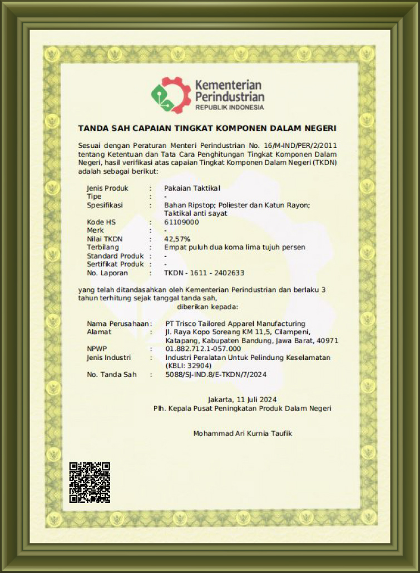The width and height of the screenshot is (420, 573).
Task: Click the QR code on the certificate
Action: [90, 482]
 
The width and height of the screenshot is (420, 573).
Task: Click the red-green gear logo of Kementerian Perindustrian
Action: [171, 95]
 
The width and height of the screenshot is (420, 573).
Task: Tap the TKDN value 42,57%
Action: [177, 239]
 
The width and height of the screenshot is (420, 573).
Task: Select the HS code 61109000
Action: [181, 222]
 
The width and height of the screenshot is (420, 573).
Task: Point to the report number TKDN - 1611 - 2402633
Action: [204, 273]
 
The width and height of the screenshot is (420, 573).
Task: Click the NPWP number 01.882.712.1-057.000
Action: [203, 349]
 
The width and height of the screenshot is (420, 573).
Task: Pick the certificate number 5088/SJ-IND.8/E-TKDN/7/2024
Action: [216, 374]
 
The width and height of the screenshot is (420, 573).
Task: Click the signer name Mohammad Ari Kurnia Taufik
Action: [243, 433]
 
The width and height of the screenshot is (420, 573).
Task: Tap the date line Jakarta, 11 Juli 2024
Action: [242, 399]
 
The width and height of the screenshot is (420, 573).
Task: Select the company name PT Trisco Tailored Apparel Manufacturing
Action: [235, 323]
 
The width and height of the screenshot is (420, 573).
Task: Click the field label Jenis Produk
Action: [107, 188]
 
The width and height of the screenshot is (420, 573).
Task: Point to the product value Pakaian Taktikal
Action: [192, 188]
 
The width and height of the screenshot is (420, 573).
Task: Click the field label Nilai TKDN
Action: [106, 239]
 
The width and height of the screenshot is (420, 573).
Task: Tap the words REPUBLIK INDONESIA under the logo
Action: [229, 107]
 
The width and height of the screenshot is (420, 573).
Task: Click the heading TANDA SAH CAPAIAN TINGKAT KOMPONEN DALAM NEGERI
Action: [207, 129]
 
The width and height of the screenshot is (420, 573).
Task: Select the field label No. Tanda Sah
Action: [111, 374]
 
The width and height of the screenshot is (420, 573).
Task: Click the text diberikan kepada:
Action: [207, 307]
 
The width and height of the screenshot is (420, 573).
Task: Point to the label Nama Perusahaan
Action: [117, 323]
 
